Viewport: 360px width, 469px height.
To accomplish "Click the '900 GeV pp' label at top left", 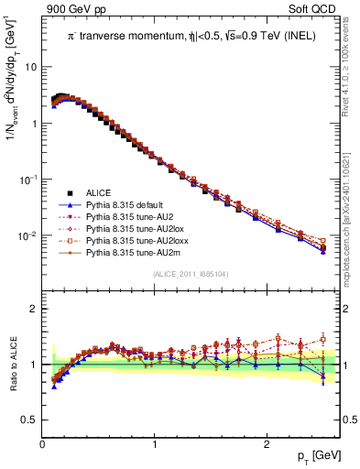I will pyautogui.click(x=70, y=7).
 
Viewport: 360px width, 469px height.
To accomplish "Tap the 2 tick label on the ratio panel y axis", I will pyautogui.click(x=32, y=309).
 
